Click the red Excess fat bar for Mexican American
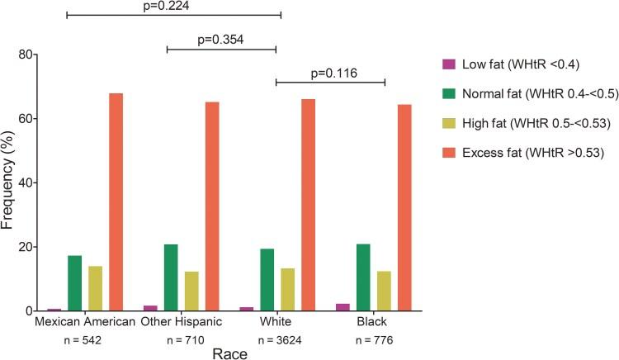click(116, 202)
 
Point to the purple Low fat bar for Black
click(343, 307)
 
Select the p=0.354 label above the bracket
click(221, 39)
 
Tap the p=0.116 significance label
click(330, 72)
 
